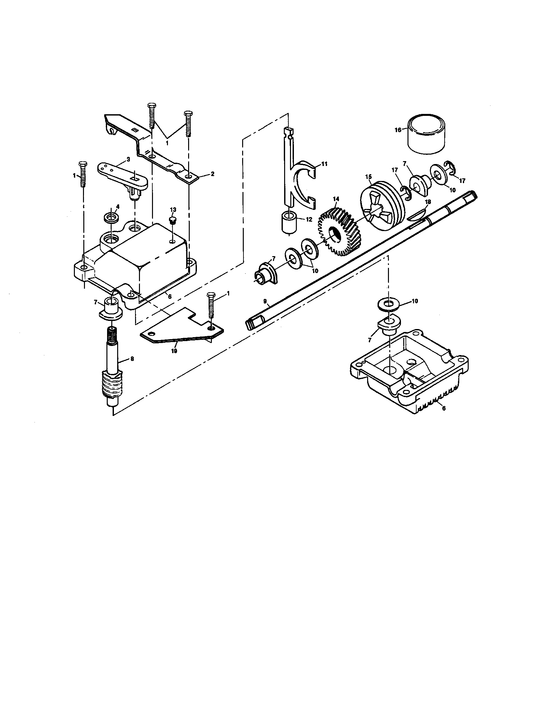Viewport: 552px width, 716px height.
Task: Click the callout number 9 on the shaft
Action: click(265, 301)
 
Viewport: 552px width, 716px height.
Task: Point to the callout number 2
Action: click(213, 174)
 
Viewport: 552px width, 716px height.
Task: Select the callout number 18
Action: click(428, 202)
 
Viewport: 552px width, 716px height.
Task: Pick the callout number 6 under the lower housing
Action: click(444, 408)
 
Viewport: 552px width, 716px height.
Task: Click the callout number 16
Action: click(398, 130)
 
